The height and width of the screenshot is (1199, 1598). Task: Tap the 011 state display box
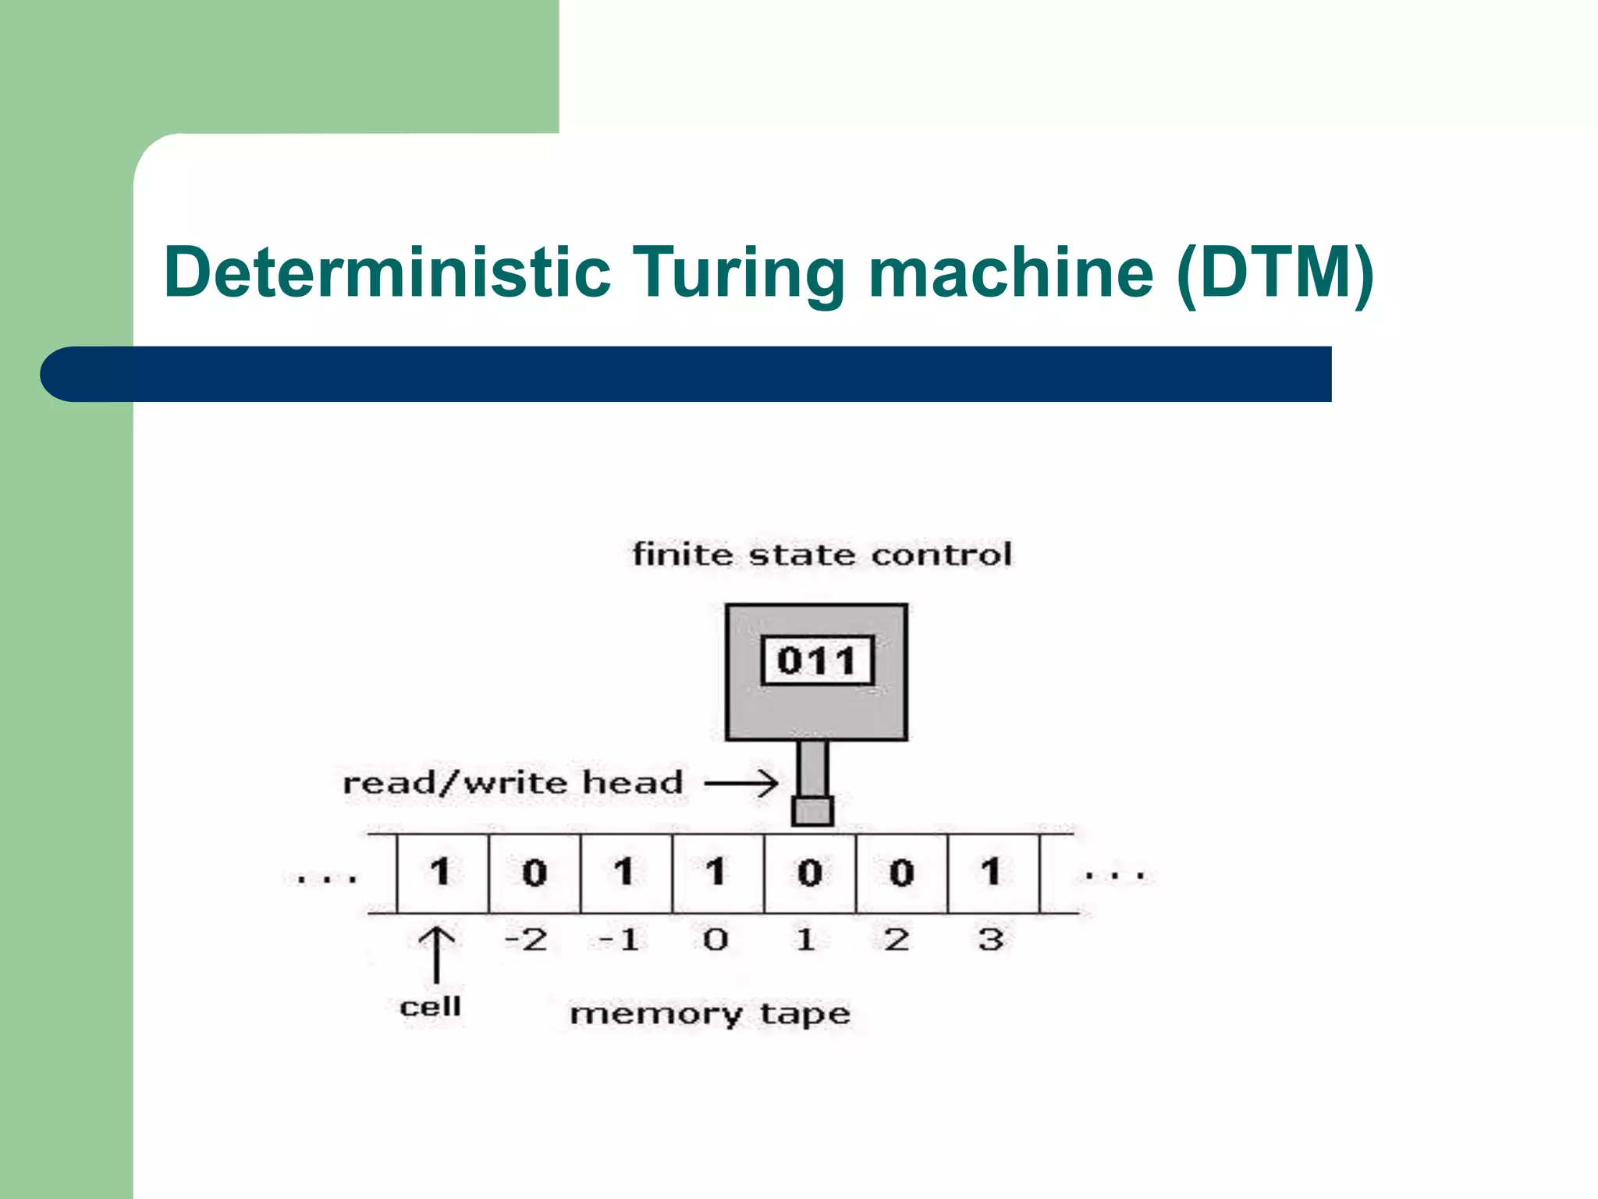tap(816, 661)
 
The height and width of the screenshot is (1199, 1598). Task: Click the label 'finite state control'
tap(822, 555)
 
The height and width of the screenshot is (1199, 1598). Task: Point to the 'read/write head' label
tap(513, 783)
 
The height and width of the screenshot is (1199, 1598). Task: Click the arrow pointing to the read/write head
tap(741, 783)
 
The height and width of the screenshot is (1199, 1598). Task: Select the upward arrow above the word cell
tap(436, 954)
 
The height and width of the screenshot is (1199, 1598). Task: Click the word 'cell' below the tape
tap(430, 1006)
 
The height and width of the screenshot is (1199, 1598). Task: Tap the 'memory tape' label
tap(709, 1014)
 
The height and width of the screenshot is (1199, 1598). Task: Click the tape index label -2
tap(526, 939)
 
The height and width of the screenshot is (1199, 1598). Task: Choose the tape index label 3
tap(991, 939)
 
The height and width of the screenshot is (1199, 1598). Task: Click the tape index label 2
tap(897, 939)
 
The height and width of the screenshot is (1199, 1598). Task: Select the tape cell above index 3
tap(993, 873)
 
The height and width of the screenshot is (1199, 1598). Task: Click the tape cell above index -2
tap(534, 873)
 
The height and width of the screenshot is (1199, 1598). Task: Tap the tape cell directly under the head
tap(810, 873)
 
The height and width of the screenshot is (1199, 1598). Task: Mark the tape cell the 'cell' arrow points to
tap(442, 873)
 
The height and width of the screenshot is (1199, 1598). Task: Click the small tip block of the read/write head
tap(812, 810)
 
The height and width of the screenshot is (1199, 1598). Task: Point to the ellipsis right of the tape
tap(1115, 876)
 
